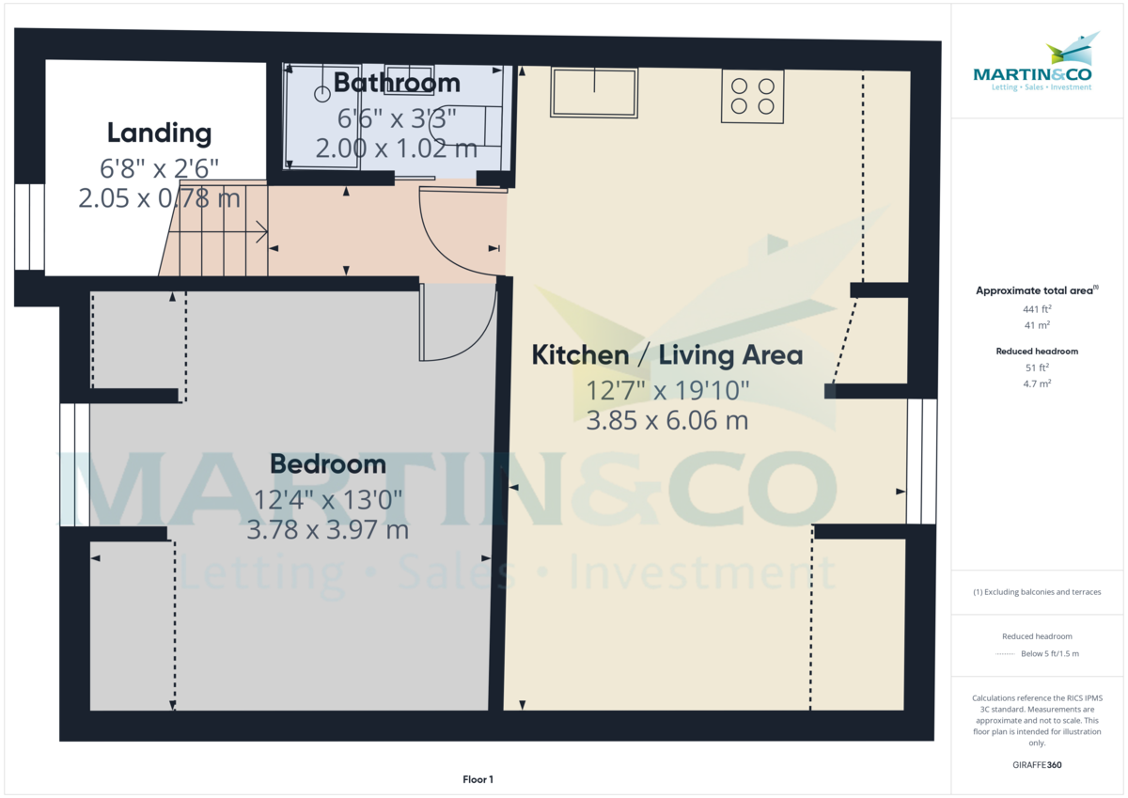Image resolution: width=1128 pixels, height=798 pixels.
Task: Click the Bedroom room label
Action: point(327,463)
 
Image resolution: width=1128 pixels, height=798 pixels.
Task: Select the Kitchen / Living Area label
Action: point(666,355)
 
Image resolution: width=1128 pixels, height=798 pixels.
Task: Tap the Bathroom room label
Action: point(397,83)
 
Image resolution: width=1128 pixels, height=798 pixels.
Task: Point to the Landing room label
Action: point(159,133)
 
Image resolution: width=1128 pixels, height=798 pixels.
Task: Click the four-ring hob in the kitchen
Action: point(752,95)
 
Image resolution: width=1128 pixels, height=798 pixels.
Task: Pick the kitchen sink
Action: point(594,92)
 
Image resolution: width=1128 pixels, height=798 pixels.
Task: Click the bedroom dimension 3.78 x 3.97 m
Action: point(327,530)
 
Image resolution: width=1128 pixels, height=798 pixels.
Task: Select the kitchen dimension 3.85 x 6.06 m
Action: point(666,420)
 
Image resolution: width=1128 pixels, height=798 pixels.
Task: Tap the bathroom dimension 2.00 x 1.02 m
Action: point(397,148)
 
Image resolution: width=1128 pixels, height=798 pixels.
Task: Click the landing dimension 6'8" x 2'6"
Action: point(159,168)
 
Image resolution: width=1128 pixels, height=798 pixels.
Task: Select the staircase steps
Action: point(216,230)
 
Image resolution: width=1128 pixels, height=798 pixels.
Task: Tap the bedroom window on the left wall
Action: point(74,464)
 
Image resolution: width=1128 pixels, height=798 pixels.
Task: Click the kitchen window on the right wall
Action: point(921,461)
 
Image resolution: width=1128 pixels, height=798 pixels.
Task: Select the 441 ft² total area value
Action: point(1037,308)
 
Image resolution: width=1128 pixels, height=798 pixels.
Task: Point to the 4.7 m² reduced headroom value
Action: point(1037,383)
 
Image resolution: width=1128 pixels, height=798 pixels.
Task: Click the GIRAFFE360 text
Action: point(1037,765)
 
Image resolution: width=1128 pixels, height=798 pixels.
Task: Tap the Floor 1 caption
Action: point(478,779)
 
